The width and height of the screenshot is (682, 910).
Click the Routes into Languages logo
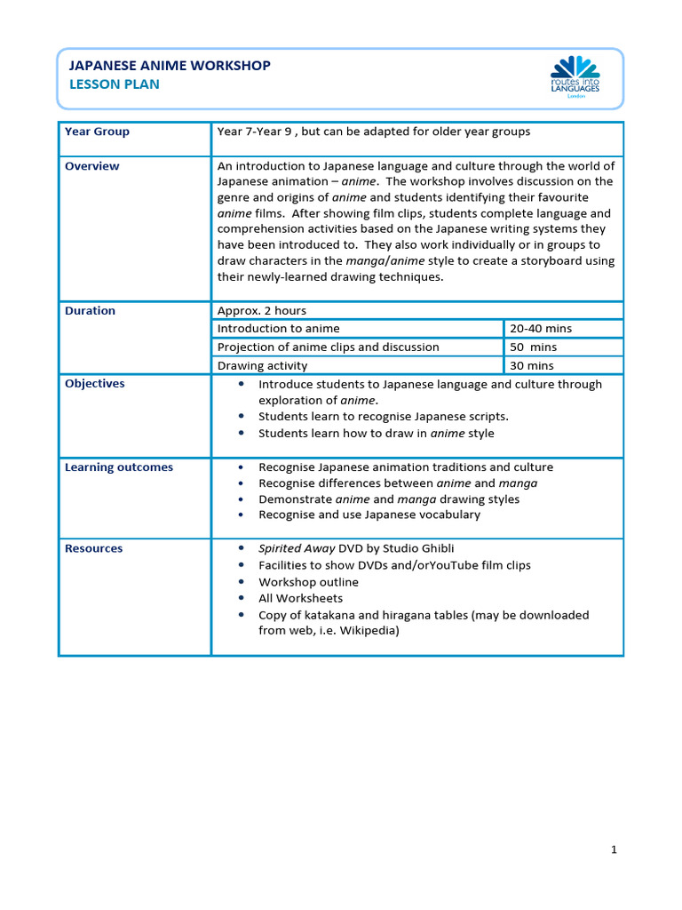[x=575, y=77]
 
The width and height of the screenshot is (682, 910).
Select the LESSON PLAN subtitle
[x=115, y=84]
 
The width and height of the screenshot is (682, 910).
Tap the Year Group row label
[x=97, y=132]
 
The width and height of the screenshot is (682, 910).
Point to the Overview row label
[x=91, y=166]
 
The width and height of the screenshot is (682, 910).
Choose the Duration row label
[x=90, y=311]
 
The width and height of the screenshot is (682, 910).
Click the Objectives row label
[x=94, y=384]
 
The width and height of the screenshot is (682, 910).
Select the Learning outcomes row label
[x=119, y=467]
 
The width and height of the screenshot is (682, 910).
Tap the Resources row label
[x=93, y=548]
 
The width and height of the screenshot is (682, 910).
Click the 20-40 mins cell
[x=541, y=329]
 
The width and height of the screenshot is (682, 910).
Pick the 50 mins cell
[x=534, y=347]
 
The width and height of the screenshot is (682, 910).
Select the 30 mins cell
[x=532, y=365]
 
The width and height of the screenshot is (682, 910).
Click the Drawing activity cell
[x=262, y=365]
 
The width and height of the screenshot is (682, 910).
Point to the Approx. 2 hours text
[x=262, y=311]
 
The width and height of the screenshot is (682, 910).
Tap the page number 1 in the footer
[x=614, y=850]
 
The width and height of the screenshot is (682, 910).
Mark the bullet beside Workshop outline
[x=242, y=582]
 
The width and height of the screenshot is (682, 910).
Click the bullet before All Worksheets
[x=242, y=599]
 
